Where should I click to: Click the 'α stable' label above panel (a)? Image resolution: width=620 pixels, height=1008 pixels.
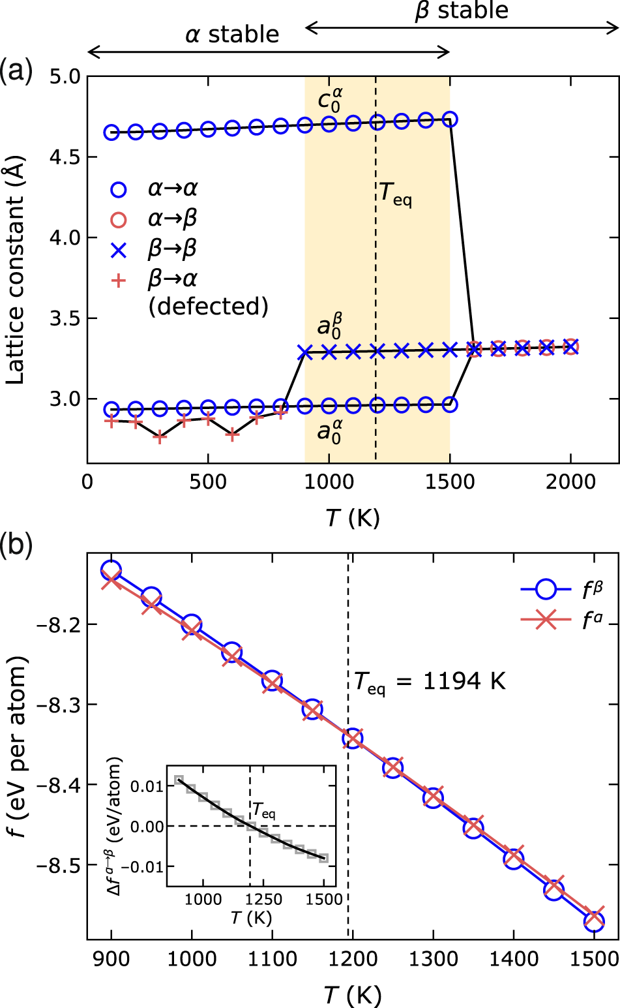pos(231,34)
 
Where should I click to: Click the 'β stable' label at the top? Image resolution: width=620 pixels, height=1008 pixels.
pos(461,11)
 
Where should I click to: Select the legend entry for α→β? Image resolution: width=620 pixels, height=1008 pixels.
pos(172,219)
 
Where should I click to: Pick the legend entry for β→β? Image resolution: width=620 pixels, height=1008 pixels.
pos(172,249)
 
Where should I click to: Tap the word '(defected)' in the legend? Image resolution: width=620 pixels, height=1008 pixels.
pos(208,305)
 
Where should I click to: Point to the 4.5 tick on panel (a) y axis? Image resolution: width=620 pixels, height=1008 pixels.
pos(65,157)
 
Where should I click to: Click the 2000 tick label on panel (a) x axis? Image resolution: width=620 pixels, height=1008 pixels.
pos(570,482)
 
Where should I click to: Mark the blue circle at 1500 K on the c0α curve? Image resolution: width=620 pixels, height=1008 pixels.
pos(450,119)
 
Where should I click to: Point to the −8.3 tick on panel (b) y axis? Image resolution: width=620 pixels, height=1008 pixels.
pos(59,705)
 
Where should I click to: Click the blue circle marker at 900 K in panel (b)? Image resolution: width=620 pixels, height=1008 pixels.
pos(111,570)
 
